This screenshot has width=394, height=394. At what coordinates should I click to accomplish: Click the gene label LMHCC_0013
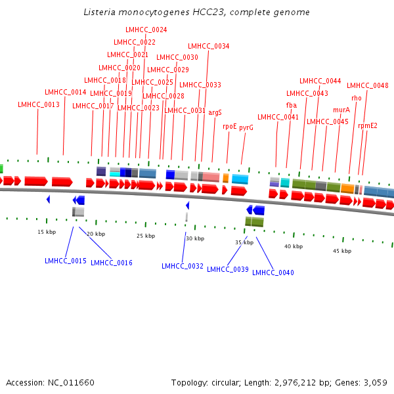point(39,104)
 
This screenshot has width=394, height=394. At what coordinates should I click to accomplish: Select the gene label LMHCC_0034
point(209,46)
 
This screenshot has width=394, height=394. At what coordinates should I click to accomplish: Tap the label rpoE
point(230,126)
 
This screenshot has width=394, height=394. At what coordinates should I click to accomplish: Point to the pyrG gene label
point(246,127)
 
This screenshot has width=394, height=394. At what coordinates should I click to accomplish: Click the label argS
point(215,112)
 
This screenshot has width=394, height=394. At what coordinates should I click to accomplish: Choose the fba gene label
point(292,105)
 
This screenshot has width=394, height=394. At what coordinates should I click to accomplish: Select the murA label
point(341,110)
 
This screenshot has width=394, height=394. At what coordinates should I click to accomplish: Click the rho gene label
point(357,98)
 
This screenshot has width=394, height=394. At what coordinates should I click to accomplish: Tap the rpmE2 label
point(368,125)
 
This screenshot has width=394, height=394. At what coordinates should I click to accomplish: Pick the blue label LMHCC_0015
point(66,261)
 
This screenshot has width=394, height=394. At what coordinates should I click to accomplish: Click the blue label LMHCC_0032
point(183,266)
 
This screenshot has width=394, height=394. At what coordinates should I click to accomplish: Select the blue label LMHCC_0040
point(273,273)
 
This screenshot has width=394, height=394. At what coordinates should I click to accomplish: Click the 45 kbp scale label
point(342,251)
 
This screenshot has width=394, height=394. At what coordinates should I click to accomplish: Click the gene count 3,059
point(376,382)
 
